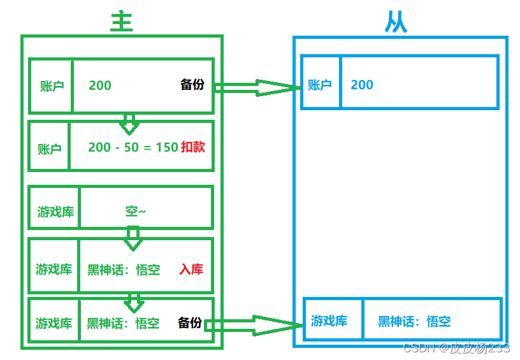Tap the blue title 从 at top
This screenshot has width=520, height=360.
(396, 23)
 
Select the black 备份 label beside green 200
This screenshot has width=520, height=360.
(192, 85)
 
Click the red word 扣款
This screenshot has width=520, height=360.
(193, 147)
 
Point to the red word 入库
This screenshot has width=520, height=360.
(191, 270)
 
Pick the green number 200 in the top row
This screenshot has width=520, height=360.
(100, 85)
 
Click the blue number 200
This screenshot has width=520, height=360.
(362, 85)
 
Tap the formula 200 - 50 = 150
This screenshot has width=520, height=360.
(133, 147)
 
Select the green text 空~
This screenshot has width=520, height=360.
(136, 212)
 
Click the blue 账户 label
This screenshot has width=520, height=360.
(320, 85)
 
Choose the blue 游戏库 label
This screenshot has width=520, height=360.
(329, 321)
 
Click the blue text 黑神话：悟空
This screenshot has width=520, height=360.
(414, 322)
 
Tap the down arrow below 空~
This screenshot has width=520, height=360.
(133, 238)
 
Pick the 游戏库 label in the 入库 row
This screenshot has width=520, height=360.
(54, 270)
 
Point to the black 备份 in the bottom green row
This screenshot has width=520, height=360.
(190, 323)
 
